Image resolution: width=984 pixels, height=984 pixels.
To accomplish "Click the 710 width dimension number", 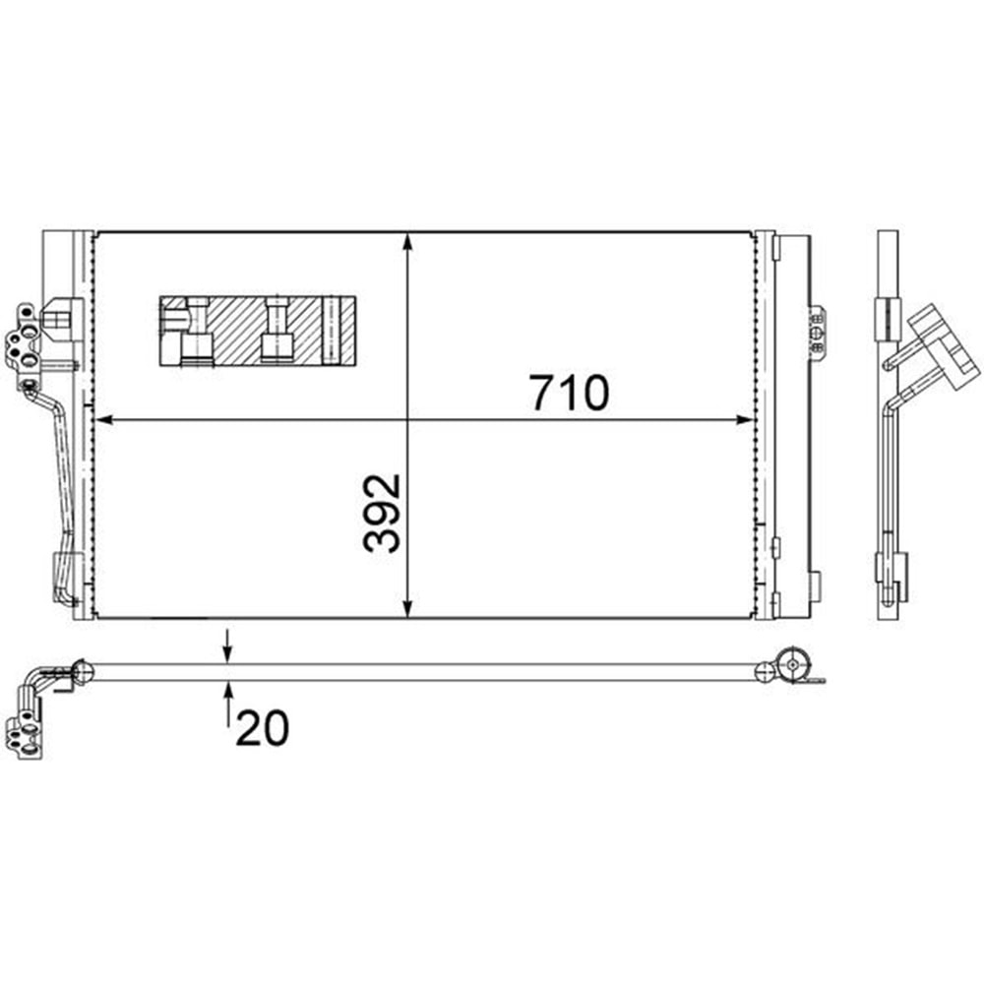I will (x=570, y=393).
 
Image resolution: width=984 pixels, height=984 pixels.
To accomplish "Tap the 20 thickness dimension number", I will (x=262, y=728).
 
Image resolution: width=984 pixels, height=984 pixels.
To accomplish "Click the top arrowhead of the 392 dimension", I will (x=408, y=242).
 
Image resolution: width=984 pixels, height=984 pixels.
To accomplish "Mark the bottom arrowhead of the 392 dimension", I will (x=408, y=609).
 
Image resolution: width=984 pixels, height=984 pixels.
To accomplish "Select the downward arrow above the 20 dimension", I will (x=227, y=651).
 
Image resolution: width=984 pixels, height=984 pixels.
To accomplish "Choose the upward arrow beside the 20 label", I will (x=227, y=694).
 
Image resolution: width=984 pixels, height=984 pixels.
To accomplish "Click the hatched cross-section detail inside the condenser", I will (x=256, y=331).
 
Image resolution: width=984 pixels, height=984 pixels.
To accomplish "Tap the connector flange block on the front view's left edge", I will (x=24, y=340).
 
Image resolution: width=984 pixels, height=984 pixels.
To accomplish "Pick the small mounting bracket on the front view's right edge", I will (x=816, y=329).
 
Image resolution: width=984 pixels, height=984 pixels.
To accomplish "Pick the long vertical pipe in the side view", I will (x=890, y=472).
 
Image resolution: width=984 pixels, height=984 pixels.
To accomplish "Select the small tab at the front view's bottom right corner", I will (x=814, y=586).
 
